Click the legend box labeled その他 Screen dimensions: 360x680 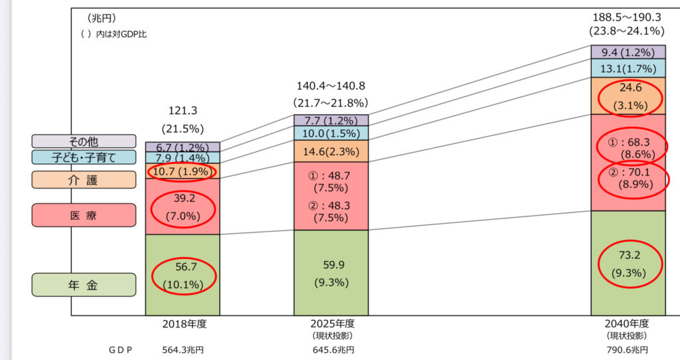coord(84,141)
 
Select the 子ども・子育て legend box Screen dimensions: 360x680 coord(84,157)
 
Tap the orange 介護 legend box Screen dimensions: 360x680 coord(84,179)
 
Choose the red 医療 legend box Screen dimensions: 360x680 coord(84,215)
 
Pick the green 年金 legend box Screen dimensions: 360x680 coord(84,285)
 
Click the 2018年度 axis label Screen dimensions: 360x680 coord(182,325)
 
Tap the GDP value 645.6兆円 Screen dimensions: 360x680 coord(331,349)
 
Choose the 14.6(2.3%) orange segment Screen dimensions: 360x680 coord(331,151)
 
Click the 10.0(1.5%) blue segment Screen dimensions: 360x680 coord(331,134)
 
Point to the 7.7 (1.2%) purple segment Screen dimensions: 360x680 coord(331,120)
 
